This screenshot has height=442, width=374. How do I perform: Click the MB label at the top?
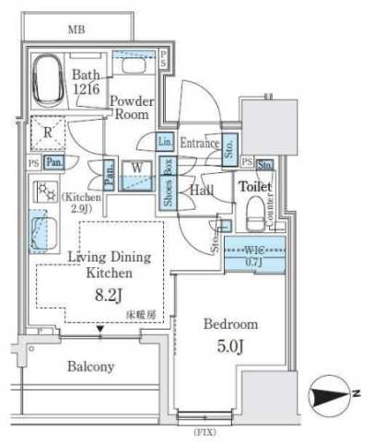pos(78,29)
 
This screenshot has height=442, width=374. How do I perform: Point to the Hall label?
pos(203,190)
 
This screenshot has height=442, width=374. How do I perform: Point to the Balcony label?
pos(90,366)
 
